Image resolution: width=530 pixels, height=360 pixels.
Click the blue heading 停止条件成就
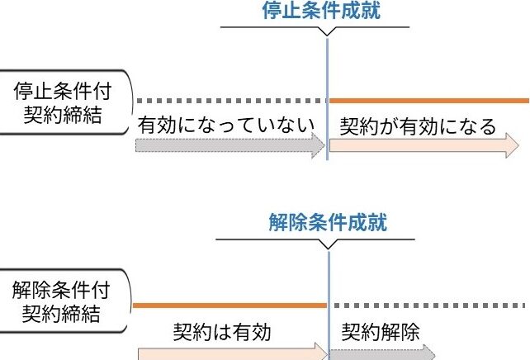coord(326,12)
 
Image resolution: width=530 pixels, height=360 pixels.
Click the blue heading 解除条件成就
coord(328,222)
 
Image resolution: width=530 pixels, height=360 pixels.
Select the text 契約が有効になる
coord(418,126)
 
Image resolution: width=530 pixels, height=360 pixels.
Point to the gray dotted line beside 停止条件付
coord(231,100)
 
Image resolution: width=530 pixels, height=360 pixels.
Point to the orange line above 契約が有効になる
coord(429,100)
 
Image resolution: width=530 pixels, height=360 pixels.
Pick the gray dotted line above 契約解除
coord(429,305)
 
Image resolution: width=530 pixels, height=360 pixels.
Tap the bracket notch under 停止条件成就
coord(328,33)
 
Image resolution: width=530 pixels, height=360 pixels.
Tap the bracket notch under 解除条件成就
coord(329,244)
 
